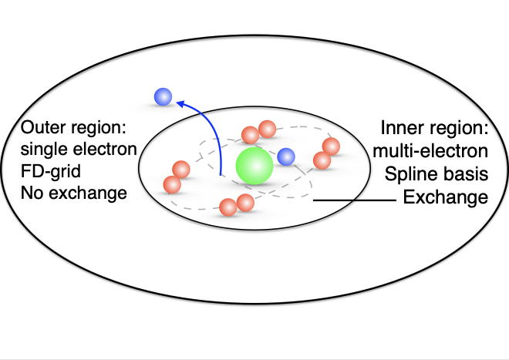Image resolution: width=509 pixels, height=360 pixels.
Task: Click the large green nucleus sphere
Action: point(254,166)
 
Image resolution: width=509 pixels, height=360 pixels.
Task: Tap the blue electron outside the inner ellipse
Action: point(163,96)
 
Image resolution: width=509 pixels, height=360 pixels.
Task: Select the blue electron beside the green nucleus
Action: point(286,157)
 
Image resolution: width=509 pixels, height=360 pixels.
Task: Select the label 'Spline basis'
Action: point(437,171)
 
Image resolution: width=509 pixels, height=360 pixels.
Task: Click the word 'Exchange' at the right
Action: point(445,198)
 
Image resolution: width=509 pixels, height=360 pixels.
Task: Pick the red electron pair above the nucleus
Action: point(258,133)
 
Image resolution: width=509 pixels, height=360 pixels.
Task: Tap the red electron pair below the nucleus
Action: point(237,205)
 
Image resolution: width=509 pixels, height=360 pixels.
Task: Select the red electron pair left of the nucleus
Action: point(177,177)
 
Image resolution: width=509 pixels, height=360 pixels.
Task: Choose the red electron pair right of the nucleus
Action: point(327,153)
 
